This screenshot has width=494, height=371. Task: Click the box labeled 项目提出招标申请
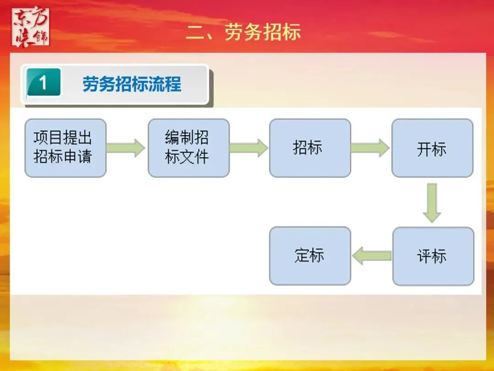65,148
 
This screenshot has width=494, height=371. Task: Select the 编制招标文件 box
188,148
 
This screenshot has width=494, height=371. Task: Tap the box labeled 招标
310,148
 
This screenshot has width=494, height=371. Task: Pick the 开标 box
432,148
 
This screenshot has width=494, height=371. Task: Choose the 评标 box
433,256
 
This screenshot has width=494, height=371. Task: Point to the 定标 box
310,256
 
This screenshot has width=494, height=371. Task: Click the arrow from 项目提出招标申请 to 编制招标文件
126,148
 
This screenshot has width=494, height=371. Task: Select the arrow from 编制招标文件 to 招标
249,148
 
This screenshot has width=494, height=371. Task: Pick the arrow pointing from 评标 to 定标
371,256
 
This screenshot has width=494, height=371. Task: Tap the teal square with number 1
43,83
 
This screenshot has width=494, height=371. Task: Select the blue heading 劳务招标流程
132,84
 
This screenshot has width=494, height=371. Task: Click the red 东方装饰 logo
31,27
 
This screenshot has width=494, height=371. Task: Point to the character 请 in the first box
84,157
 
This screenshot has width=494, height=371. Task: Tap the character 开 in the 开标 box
424,149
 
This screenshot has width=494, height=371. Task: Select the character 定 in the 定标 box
302,256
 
